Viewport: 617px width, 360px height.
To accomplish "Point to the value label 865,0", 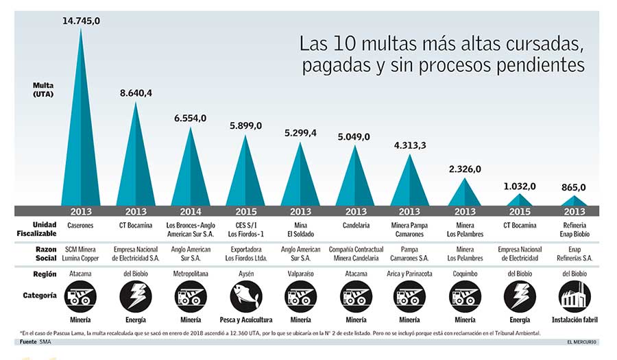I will (574, 187).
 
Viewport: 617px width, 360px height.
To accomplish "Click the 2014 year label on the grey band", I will (191, 211).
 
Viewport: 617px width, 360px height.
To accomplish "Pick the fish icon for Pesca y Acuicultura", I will (245, 297).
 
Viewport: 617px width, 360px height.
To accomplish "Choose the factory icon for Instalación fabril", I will (574, 297).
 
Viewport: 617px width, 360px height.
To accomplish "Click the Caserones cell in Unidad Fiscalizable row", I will (81, 224).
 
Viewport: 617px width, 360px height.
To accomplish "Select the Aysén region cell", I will (245, 274).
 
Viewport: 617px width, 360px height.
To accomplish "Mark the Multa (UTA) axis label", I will (43, 89).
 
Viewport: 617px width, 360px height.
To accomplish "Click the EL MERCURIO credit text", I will (581, 341).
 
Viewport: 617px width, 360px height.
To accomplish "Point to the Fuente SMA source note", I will (35, 341).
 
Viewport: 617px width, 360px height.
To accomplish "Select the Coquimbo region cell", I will (465, 274).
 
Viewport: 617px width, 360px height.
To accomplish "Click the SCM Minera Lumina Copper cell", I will (81, 254).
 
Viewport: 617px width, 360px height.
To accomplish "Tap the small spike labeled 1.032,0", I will (520, 200).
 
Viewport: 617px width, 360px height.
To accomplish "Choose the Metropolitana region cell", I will (191, 274).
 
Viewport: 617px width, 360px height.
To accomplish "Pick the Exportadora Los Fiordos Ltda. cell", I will (245, 254).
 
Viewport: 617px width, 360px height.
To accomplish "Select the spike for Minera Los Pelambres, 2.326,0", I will (465, 195).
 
